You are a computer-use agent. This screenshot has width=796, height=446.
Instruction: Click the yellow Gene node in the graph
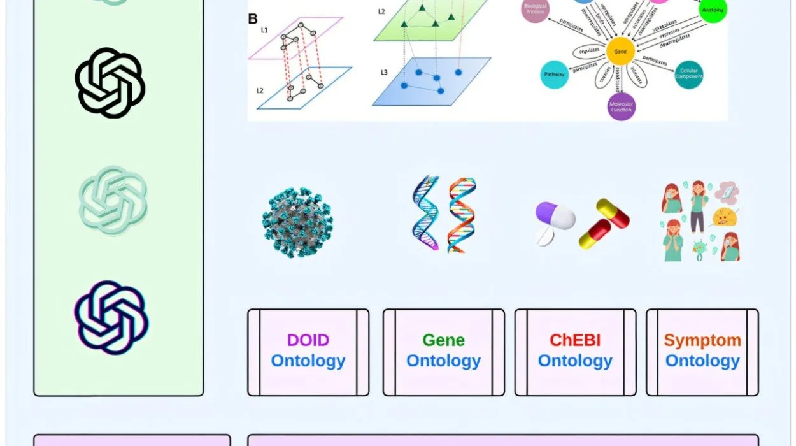click(620, 50)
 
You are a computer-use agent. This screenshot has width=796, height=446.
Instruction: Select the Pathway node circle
click(554, 75)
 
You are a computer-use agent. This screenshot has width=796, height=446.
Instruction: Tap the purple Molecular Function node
click(621, 106)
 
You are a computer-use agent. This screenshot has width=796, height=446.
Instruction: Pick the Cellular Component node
click(688, 75)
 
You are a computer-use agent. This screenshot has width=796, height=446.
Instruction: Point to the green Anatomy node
click(711, 11)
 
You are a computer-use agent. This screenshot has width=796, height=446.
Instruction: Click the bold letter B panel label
click(253, 18)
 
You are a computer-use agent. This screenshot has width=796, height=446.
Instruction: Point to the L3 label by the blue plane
click(384, 72)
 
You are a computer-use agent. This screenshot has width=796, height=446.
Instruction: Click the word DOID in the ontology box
click(308, 340)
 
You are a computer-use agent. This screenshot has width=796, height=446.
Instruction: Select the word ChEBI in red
click(575, 340)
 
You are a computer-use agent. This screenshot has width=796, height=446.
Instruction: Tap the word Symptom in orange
click(702, 340)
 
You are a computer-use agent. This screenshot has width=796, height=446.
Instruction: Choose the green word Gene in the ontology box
click(443, 340)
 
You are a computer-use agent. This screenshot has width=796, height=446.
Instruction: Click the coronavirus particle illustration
click(297, 222)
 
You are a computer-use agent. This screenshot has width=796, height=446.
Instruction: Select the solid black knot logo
click(110, 83)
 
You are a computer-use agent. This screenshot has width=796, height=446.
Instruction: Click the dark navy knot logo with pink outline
click(111, 317)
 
